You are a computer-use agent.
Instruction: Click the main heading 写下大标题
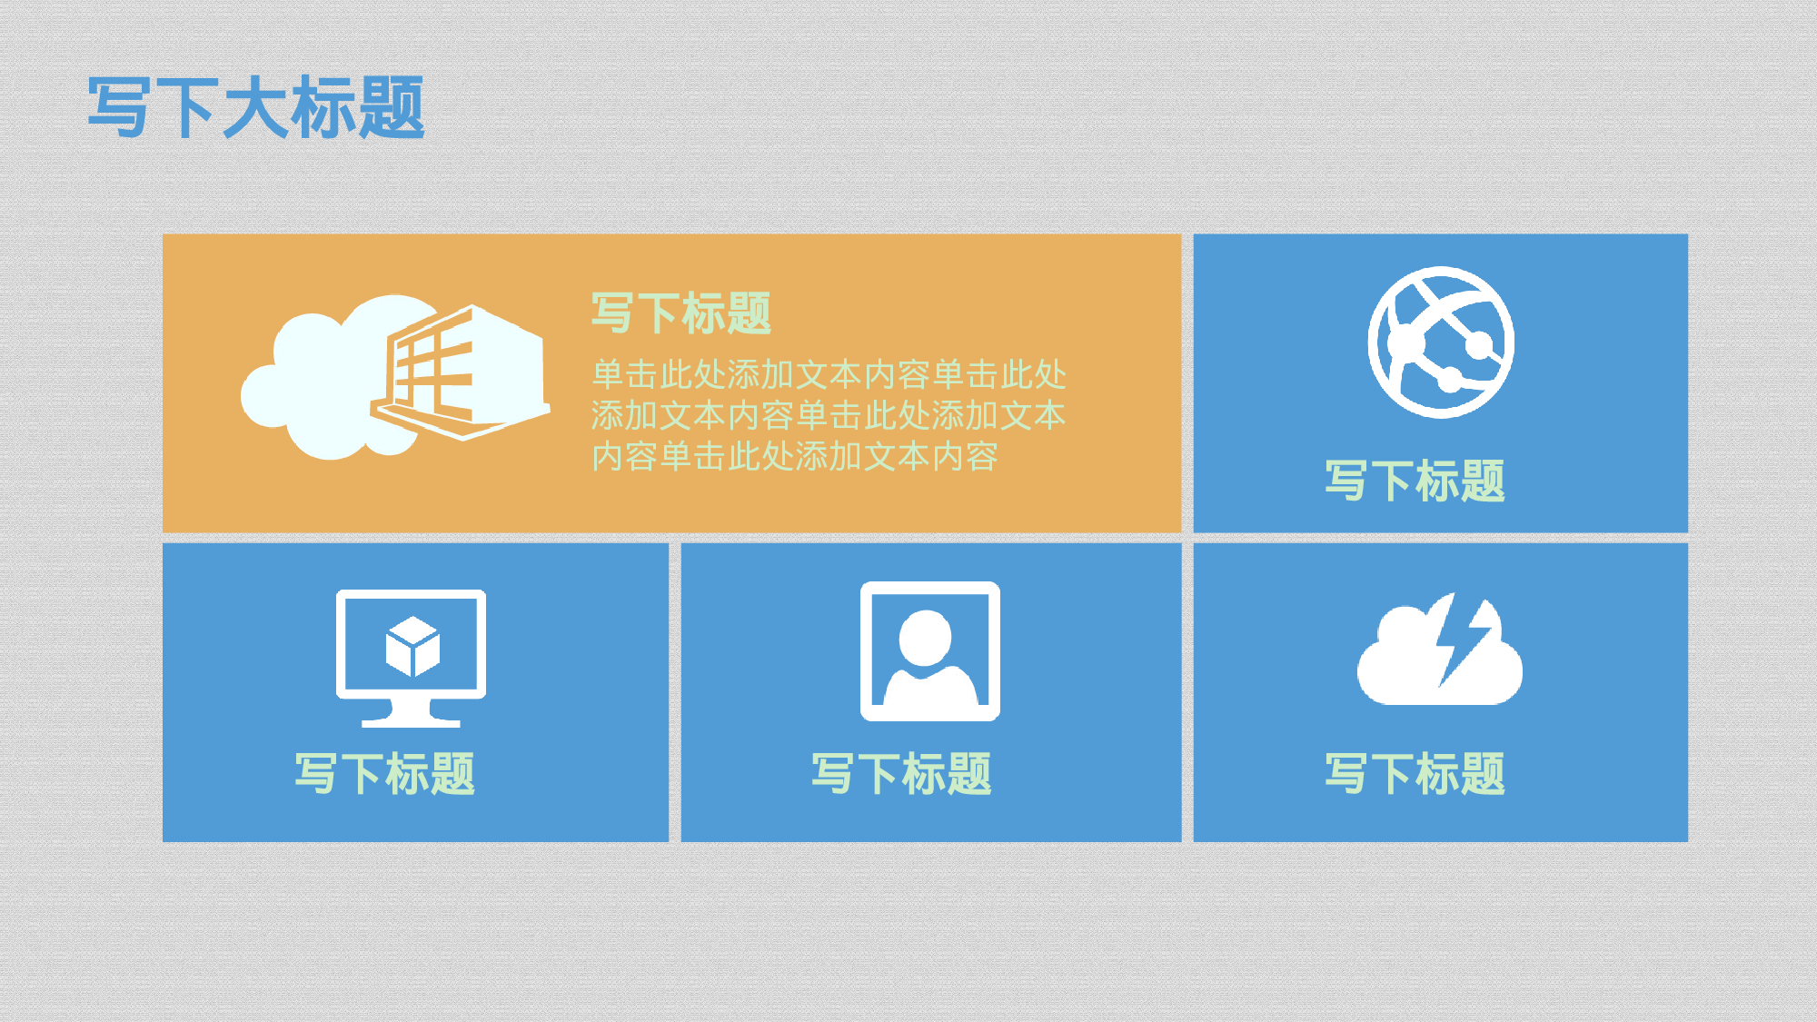256,107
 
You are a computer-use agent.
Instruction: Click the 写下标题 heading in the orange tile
681,313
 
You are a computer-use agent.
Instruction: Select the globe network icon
1441,342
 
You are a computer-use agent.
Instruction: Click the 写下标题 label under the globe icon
1415,481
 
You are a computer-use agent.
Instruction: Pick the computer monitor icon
411,657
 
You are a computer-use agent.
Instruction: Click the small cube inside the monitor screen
412,647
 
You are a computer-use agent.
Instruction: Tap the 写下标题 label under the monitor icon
384,774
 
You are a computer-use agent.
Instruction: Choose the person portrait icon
930,651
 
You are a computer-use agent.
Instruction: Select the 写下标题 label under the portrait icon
901,774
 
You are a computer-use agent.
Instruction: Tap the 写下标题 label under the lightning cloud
1415,774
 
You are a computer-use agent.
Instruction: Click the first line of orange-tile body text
829,374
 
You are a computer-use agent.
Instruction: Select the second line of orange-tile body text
829,415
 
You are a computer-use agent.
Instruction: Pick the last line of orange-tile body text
795,456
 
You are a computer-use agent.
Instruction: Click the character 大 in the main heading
254,107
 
